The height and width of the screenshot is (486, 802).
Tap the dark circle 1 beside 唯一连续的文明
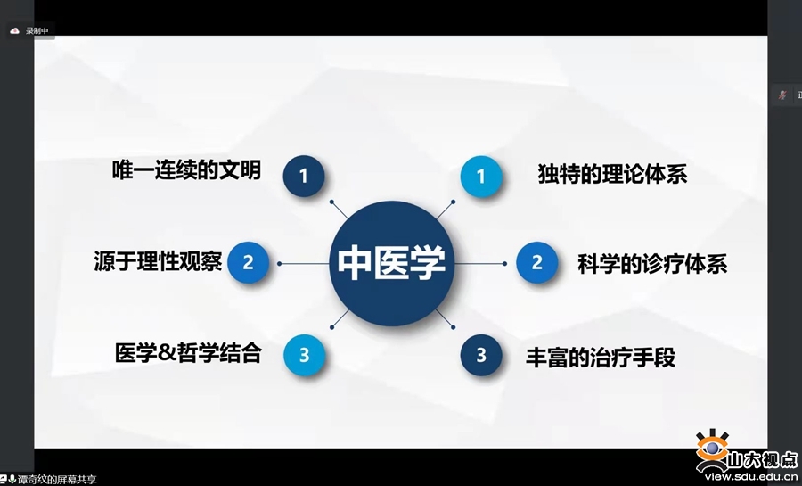point(304,176)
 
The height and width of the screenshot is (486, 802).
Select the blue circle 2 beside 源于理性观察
point(249,263)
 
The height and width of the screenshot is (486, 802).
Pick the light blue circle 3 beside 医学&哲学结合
point(304,354)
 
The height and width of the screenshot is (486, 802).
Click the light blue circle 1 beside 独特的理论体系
point(481,176)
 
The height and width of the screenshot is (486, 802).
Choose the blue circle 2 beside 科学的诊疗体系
point(536,263)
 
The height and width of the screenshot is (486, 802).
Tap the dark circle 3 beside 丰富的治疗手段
point(481,354)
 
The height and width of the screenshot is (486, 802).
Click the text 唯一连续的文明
point(187,169)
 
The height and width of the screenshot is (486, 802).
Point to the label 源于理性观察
point(158,262)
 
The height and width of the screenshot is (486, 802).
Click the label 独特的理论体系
point(613,173)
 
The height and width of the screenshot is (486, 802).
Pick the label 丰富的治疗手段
point(601,357)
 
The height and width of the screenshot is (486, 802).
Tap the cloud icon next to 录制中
point(14,30)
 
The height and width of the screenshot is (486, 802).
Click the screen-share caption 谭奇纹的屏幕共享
point(57,480)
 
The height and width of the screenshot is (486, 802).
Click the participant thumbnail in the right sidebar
point(782,95)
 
